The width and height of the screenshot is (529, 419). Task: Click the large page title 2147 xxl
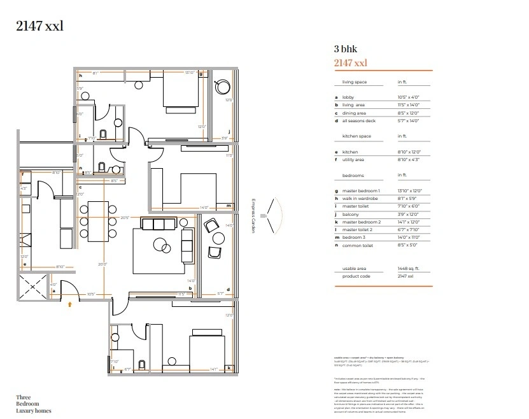click(x=39, y=26)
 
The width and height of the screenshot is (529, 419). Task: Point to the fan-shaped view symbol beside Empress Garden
click(x=275, y=214)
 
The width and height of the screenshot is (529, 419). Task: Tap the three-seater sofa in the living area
click(x=159, y=224)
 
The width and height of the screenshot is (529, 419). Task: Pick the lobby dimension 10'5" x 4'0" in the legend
click(x=408, y=97)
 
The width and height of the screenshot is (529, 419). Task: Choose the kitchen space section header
click(x=356, y=136)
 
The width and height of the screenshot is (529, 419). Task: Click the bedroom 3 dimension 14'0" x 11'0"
click(x=409, y=238)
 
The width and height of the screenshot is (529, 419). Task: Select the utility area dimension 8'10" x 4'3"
click(x=409, y=160)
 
